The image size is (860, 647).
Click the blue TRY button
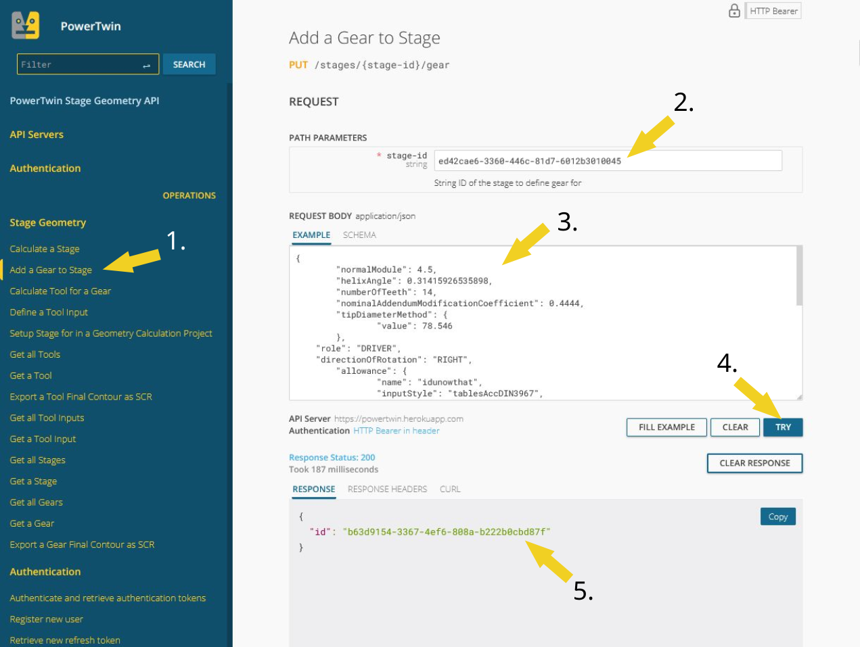pyautogui.click(x=782, y=427)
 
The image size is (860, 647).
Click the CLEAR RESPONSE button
pyautogui.click(x=754, y=463)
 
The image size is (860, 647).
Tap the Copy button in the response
pyautogui.click(x=777, y=517)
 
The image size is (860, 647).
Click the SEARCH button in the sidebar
pyautogui.click(x=189, y=64)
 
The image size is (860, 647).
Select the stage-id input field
pyautogui.click(x=608, y=161)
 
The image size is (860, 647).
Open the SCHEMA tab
pyautogui.click(x=359, y=235)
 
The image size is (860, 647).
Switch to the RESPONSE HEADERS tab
pyautogui.click(x=387, y=489)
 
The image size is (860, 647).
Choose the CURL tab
pyautogui.click(x=450, y=489)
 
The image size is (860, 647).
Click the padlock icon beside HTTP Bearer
pyautogui.click(x=734, y=11)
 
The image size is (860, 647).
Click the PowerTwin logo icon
pyautogui.click(x=26, y=26)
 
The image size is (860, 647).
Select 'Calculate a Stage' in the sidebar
pyautogui.click(x=45, y=249)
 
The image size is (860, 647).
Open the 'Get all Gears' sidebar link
pyautogui.click(x=36, y=502)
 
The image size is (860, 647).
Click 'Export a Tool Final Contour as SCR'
pyautogui.click(x=81, y=396)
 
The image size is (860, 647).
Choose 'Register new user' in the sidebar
pyautogui.click(x=46, y=619)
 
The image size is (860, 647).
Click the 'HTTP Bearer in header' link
pyautogui.click(x=396, y=431)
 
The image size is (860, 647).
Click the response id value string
pyautogui.click(x=447, y=532)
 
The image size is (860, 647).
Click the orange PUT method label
pyautogui.click(x=298, y=65)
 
